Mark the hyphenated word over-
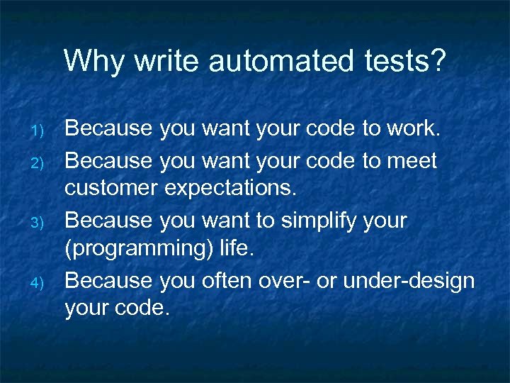[312, 280]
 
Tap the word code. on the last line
[146, 310]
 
